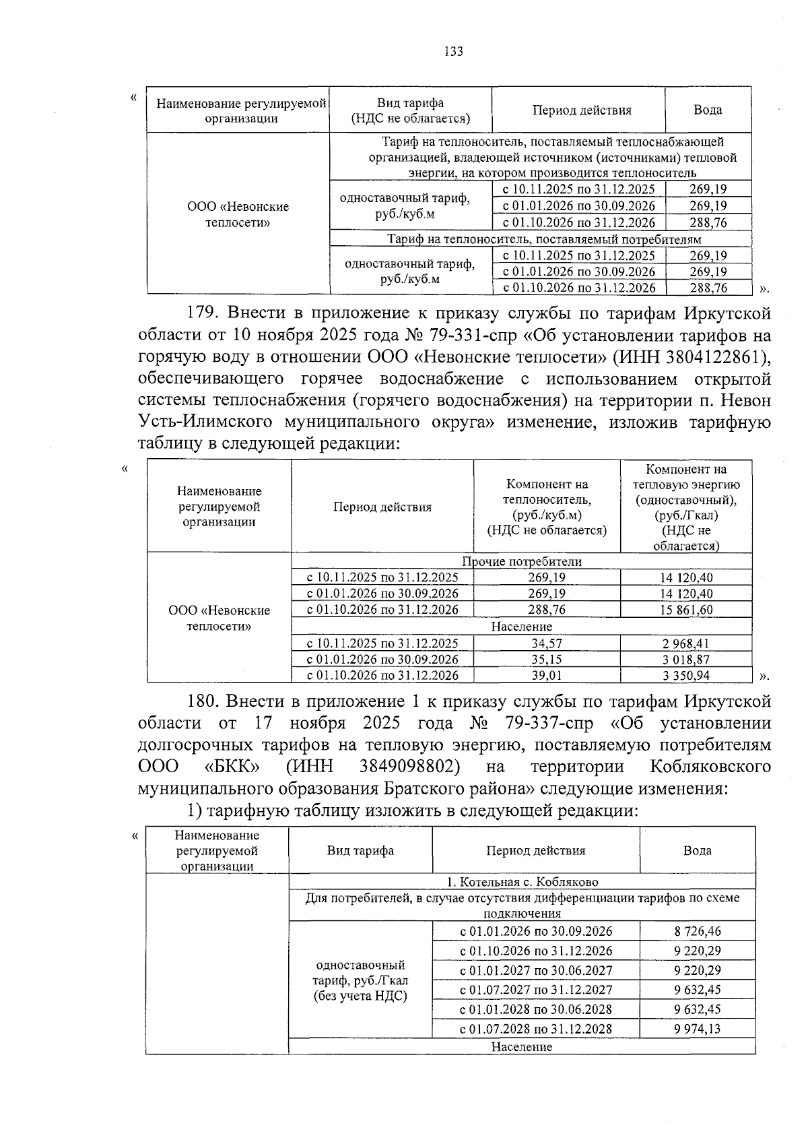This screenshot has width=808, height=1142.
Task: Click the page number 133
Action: (x=454, y=52)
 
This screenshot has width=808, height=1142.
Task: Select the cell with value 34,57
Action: (x=547, y=643)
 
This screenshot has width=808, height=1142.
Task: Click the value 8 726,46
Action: (x=697, y=932)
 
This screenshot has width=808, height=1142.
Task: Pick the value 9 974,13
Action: (x=697, y=1029)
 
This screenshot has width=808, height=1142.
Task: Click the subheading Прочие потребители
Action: (x=522, y=561)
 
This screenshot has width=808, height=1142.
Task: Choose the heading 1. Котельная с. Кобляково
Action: (x=522, y=882)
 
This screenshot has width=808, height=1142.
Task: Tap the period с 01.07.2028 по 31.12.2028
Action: (x=536, y=1029)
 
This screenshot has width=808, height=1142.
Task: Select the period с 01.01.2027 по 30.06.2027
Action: (x=536, y=971)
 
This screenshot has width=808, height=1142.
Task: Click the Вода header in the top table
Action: (x=708, y=110)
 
